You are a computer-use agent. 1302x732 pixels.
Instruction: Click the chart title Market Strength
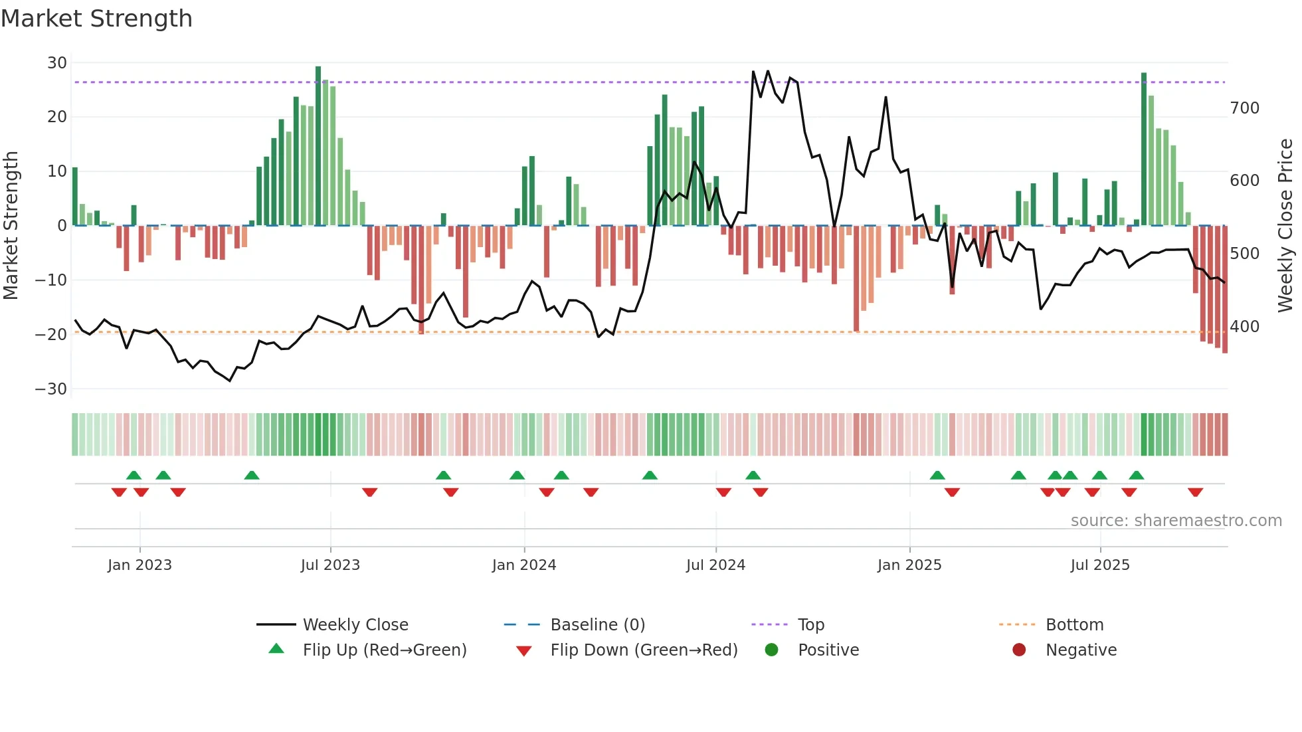click(97, 19)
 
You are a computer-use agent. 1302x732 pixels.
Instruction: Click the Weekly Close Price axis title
click(1285, 226)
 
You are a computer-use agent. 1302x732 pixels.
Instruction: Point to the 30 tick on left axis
click(57, 63)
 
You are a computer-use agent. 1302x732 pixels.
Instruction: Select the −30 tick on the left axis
click(51, 389)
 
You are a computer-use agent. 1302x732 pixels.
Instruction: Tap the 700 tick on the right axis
click(1244, 108)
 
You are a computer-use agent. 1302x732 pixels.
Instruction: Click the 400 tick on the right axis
click(1244, 327)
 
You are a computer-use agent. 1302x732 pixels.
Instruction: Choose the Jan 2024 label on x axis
click(524, 565)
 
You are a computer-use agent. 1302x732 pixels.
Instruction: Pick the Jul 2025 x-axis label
click(1100, 565)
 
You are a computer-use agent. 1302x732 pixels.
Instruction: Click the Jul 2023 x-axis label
click(330, 565)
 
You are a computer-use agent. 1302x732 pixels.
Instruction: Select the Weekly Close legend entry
click(355, 625)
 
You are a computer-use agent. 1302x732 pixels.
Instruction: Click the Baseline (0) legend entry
click(598, 625)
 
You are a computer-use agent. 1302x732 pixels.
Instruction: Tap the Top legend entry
click(811, 625)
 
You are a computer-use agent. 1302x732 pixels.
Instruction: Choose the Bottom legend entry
click(1074, 625)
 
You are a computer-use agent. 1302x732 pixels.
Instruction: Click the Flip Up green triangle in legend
click(276, 649)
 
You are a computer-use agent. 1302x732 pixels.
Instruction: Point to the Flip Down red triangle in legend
click(523, 651)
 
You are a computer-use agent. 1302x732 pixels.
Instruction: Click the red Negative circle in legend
click(1019, 650)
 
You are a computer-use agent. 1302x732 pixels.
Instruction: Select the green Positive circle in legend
click(771, 650)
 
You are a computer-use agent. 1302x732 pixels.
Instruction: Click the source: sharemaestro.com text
click(1176, 521)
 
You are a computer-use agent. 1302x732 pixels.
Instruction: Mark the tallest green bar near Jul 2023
click(318, 146)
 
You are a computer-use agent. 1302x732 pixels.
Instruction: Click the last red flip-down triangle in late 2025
click(1195, 492)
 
